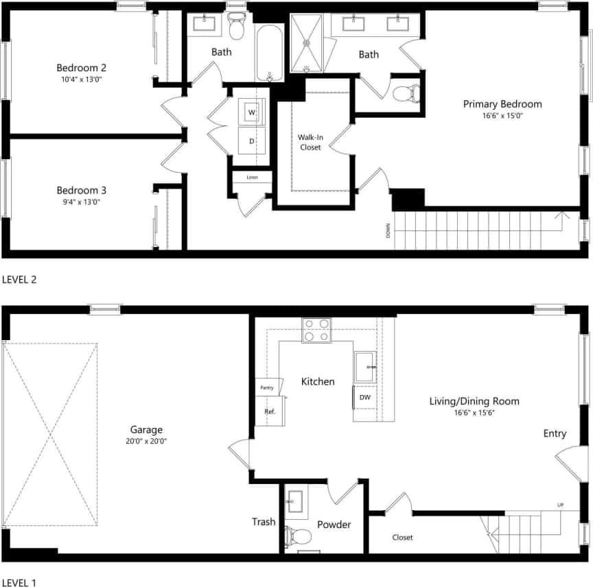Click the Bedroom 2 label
(x=81, y=68)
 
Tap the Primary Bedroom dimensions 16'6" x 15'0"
(x=502, y=117)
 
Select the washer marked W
(x=252, y=112)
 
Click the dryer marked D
(x=252, y=141)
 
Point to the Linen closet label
(x=252, y=178)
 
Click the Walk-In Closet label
(x=310, y=142)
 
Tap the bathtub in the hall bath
(x=270, y=53)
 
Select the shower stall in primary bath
(x=307, y=43)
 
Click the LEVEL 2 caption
(x=19, y=279)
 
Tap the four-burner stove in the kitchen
(x=316, y=330)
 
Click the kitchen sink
(x=364, y=366)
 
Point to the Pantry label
(x=266, y=388)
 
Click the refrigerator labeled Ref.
(x=270, y=411)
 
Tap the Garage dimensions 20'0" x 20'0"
(x=146, y=442)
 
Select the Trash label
(x=264, y=522)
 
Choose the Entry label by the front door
(x=555, y=433)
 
